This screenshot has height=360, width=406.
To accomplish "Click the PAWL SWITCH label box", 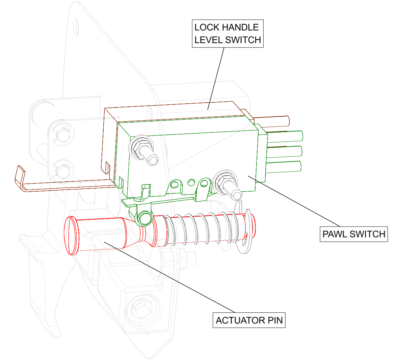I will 354,234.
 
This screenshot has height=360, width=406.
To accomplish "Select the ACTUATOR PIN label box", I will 249,320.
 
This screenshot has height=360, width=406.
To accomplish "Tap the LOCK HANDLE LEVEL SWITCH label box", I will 227,34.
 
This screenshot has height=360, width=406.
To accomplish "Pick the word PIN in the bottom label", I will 275,321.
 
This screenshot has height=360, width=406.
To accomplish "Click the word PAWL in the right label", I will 335,234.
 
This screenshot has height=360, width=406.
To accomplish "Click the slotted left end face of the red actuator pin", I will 70,236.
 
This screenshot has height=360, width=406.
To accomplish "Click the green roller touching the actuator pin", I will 144,218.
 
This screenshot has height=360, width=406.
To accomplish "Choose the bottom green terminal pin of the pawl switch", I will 284,167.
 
